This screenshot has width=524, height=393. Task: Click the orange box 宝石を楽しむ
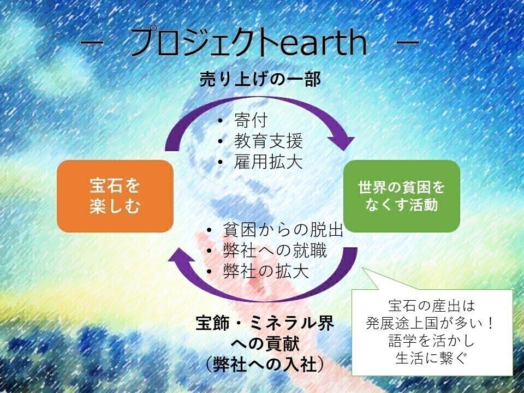point(115,195)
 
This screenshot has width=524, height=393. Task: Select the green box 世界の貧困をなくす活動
point(401,195)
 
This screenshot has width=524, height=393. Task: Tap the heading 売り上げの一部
point(259,79)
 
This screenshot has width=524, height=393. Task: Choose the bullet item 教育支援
point(268,141)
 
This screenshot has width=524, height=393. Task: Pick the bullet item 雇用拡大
point(268,162)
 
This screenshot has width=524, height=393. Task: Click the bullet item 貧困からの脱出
point(283,230)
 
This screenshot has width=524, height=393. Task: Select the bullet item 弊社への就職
point(275,251)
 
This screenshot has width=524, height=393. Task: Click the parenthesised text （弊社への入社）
point(265,364)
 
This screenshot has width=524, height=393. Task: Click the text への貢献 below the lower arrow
point(265,344)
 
